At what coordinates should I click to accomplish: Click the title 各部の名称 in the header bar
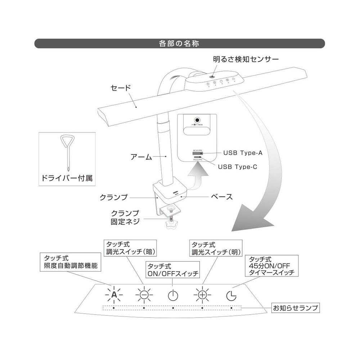click(x=179, y=44)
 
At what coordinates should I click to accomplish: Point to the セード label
click(x=121, y=87)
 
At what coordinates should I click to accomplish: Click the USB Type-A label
click(x=243, y=153)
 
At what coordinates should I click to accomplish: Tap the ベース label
click(x=221, y=197)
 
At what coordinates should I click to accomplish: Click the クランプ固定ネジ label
click(x=125, y=217)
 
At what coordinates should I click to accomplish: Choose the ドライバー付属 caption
click(x=67, y=177)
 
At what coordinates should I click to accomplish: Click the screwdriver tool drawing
click(x=67, y=151)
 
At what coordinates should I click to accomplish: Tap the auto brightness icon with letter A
click(x=114, y=295)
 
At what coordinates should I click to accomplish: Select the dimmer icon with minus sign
click(x=144, y=295)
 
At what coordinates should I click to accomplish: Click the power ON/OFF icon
click(x=173, y=295)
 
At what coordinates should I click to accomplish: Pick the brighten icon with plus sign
click(x=202, y=295)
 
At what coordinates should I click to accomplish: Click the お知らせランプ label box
click(x=296, y=308)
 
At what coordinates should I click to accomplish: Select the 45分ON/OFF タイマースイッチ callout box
click(x=272, y=266)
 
